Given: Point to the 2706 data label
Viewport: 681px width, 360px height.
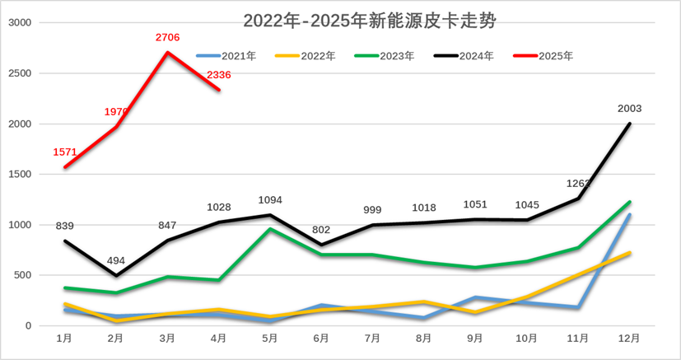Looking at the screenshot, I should click(168, 37).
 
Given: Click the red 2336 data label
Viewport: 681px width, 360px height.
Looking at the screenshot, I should click(218, 75).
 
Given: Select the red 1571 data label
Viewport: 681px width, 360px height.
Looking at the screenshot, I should click(64, 152).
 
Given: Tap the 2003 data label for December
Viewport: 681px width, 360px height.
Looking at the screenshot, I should click(629, 108).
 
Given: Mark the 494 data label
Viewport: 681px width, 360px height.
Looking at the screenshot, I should click(117, 260).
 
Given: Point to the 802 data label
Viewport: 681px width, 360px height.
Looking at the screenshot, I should click(321, 229).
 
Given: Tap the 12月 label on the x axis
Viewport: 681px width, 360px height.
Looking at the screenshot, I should click(629, 339).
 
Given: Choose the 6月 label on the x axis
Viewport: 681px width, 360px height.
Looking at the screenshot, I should click(321, 339).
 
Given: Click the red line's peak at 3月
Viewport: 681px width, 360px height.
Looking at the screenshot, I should click(168, 53).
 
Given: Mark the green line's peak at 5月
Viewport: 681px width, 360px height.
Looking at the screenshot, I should click(270, 228).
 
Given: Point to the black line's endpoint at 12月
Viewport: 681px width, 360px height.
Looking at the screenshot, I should click(630, 124).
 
